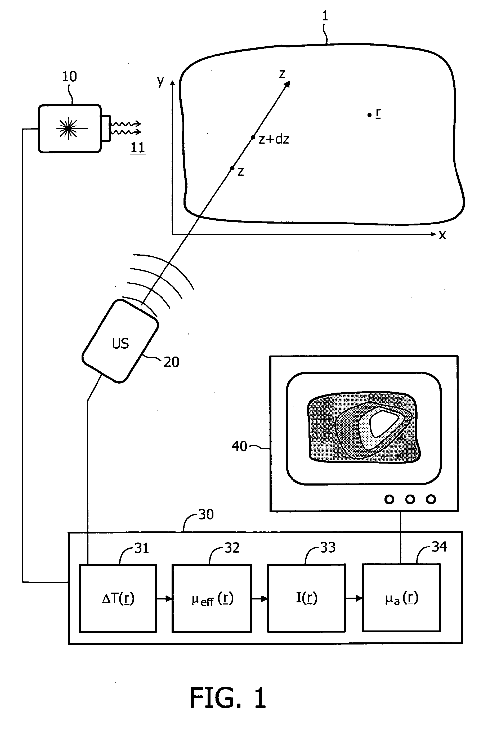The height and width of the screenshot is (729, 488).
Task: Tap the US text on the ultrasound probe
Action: pos(120,343)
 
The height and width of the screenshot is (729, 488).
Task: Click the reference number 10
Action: pos(69,77)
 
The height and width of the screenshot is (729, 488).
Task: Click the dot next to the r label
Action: pos(369,115)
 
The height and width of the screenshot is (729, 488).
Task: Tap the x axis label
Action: pos(442,235)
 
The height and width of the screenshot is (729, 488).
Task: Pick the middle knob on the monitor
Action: pos(410,499)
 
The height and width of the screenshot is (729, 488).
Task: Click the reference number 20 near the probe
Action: pos(172,362)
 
